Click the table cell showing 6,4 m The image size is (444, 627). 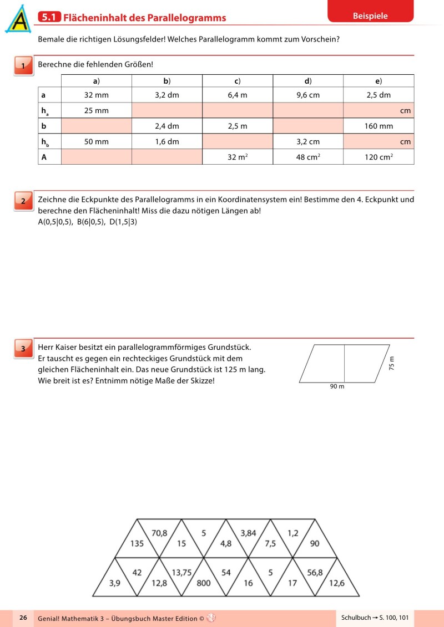click(x=237, y=95)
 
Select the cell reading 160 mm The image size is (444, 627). click(x=379, y=126)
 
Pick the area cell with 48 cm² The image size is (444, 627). click(x=308, y=157)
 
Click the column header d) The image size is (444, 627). click(x=308, y=81)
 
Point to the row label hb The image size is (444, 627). click(x=44, y=142)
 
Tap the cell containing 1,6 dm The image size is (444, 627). click(x=167, y=141)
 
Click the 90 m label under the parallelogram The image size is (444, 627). click(x=337, y=386)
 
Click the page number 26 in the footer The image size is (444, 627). click(x=23, y=618)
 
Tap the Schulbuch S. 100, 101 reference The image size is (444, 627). click(x=375, y=618)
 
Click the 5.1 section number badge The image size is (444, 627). click(x=49, y=18)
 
